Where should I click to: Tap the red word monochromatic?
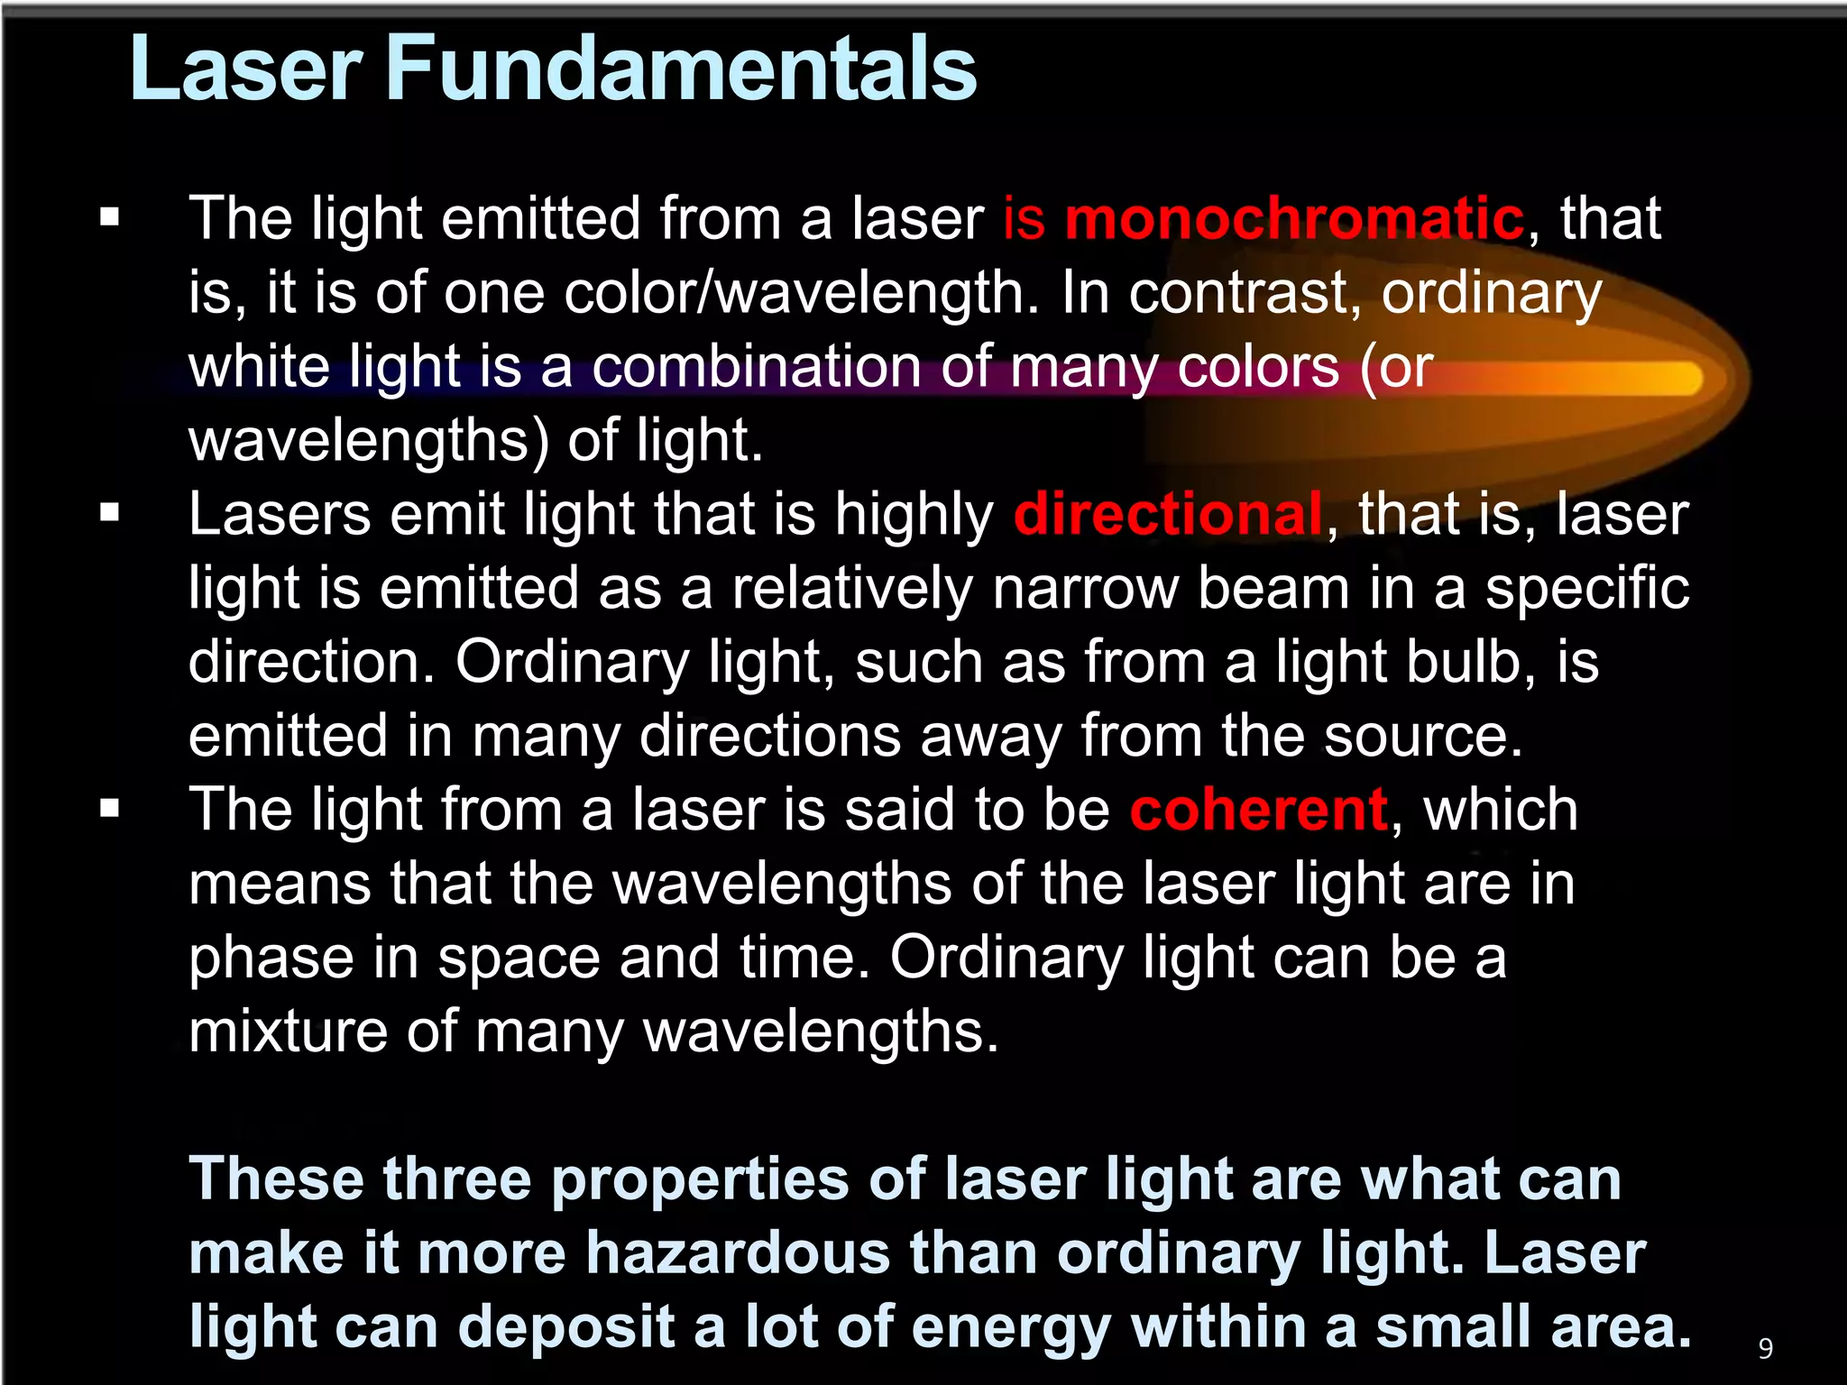point(1294,219)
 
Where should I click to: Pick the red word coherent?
point(1258,809)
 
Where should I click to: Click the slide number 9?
point(1765,1348)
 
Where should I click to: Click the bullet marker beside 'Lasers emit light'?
point(110,513)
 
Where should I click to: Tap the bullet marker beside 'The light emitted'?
point(110,217)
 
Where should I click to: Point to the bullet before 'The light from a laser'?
point(110,808)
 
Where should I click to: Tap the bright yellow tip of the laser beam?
point(1668,379)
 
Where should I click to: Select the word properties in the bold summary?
point(700,1179)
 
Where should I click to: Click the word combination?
point(756,367)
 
